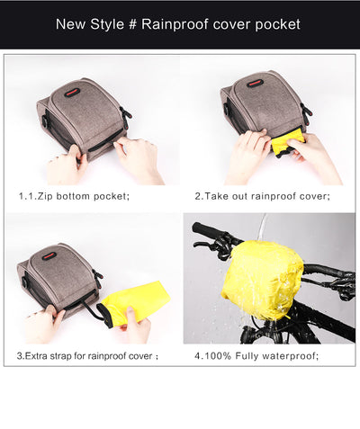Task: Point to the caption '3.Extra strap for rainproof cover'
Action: [x=87, y=355]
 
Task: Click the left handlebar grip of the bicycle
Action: [x=206, y=230]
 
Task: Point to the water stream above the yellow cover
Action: [x=262, y=228]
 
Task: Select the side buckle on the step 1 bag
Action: [x=125, y=114]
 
